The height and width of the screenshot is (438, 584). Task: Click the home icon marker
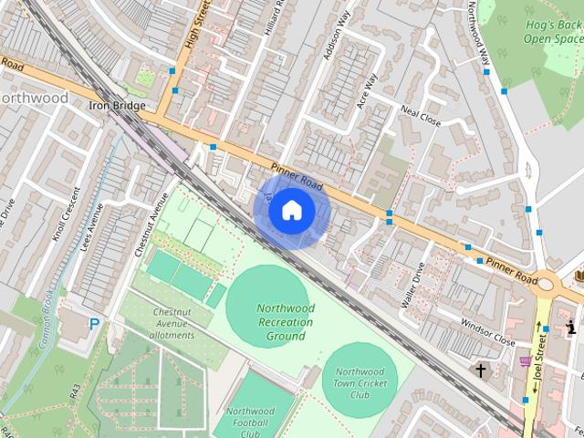[x=291, y=211]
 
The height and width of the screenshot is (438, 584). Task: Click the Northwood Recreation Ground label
[x=286, y=322]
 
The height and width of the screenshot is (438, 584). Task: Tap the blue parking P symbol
[x=94, y=323]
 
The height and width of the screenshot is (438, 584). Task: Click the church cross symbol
[x=480, y=370]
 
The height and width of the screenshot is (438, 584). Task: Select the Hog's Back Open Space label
[x=553, y=32]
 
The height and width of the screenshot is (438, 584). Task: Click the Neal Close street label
[x=421, y=115]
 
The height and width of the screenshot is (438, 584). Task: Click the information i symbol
[x=572, y=327]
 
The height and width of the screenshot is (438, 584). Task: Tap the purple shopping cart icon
[x=525, y=361]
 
